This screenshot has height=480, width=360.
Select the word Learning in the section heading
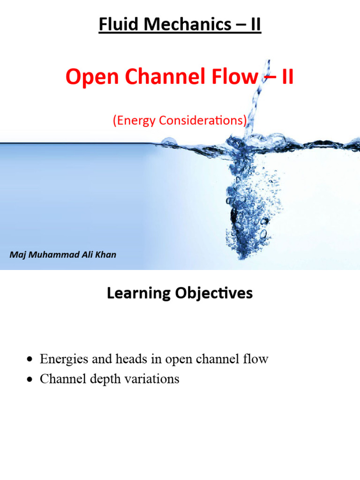pos(137,293)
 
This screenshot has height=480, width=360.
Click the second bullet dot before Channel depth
pos(31,380)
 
